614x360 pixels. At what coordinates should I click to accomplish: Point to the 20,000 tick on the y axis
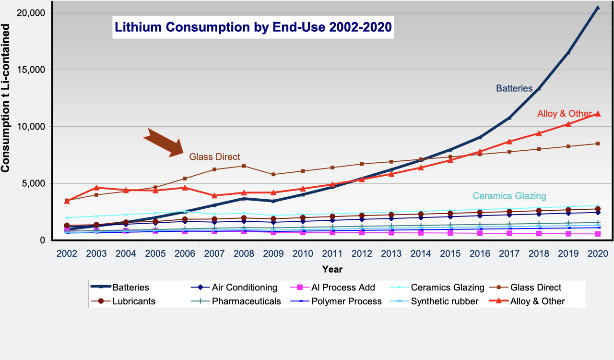31,13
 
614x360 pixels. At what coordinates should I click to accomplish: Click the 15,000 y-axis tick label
31,70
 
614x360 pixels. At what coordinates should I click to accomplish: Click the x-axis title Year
332,269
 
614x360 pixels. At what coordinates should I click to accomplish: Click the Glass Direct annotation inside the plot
214,157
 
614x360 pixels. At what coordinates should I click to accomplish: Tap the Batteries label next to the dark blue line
514,88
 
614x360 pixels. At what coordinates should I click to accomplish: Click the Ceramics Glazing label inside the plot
509,196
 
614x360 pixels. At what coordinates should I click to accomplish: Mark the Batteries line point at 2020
598,8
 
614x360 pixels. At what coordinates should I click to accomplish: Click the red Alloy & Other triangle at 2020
598,114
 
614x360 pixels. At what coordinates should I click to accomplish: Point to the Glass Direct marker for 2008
244,166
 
